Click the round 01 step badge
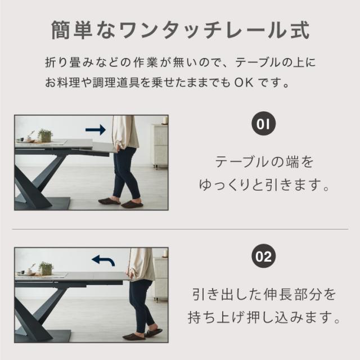[x=263, y=124]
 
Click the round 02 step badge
[x=263, y=256]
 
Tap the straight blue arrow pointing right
[x=96, y=130]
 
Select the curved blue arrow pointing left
[x=103, y=261]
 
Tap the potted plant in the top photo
[x=45, y=135]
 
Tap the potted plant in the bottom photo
[x=46, y=268]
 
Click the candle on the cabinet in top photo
[x=165, y=120]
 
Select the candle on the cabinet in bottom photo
[x=165, y=253]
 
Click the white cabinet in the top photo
[x=160, y=146]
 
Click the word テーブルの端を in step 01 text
[x=264, y=162]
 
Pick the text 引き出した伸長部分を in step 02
[x=264, y=295]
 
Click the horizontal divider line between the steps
[x=180, y=229]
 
